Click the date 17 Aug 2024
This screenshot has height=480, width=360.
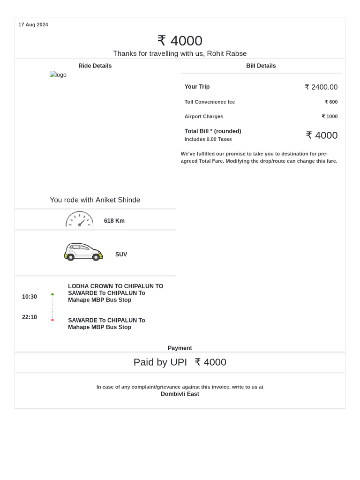click(33, 25)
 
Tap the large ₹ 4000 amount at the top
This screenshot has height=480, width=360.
click(180, 41)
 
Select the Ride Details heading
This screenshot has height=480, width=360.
click(95, 66)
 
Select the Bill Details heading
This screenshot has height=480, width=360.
click(261, 66)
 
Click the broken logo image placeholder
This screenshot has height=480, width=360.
click(58, 75)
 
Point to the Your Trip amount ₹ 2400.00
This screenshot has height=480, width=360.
click(321, 87)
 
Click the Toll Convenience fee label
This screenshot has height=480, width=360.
click(210, 102)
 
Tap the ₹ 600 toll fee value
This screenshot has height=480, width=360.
click(331, 102)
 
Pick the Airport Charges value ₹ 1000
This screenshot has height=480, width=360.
click(330, 117)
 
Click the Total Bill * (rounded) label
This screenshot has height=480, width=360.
click(213, 131)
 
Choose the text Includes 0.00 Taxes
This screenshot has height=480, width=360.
click(208, 139)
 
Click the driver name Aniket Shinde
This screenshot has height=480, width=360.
click(118, 200)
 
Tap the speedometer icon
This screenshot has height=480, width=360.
click(79, 219)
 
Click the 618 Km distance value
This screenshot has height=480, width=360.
click(114, 221)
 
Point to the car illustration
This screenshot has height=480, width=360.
click(83, 252)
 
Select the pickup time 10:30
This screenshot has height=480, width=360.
click(30, 297)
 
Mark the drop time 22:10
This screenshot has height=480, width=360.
click(30, 317)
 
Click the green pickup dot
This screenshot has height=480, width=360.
click(52, 294)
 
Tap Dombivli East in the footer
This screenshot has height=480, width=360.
click(180, 394)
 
